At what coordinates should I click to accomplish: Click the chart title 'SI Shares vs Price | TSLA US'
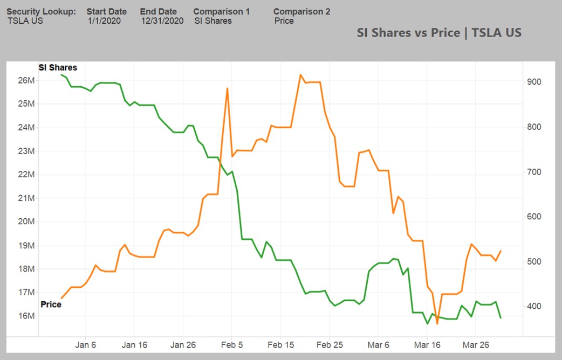(x=439, y=32)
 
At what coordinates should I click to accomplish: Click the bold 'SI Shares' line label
(x=57, y=68)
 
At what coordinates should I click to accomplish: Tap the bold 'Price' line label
(x=51, y=304)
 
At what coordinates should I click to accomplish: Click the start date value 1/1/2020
(x=104, y=21)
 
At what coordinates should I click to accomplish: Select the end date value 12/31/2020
(x=162, y=21)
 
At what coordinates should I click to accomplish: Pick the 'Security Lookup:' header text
(x=42, y=11)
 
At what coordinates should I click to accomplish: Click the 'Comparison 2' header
(x=301, y=11)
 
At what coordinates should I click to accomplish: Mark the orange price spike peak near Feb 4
(x=228, y=88)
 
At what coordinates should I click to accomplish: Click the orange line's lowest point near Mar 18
(x=437, y=323)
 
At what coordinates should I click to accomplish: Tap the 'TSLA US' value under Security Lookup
(x=25, y=21)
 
